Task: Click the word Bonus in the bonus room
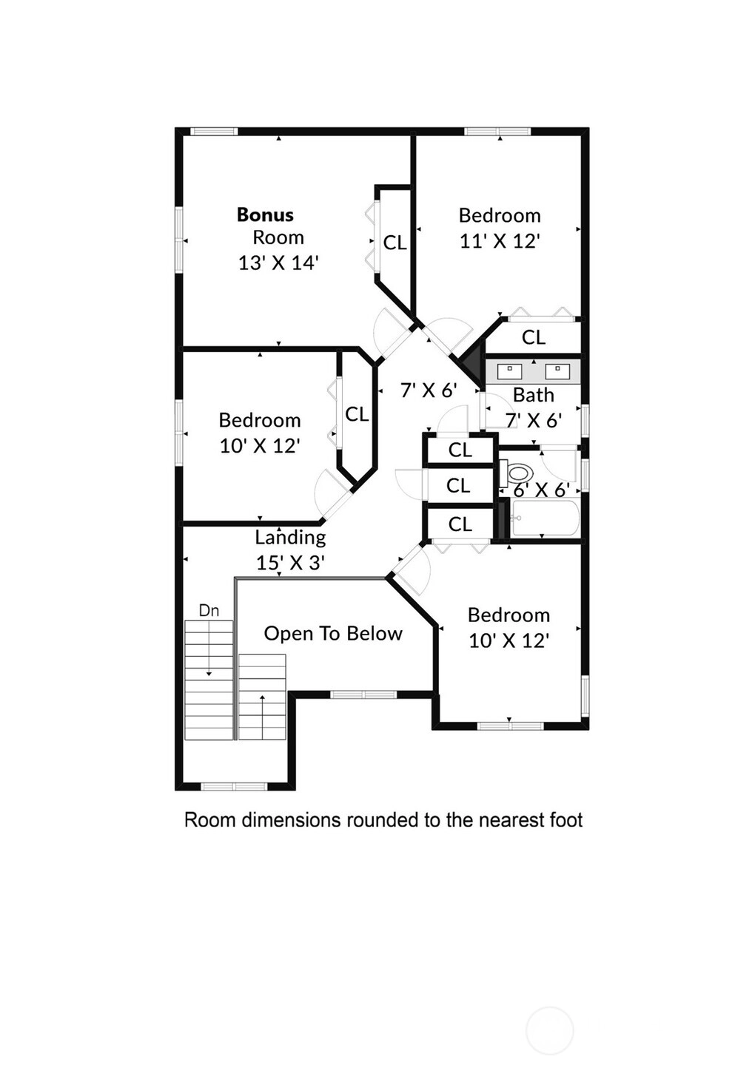tap(265, 215)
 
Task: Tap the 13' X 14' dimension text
tap(278, 263)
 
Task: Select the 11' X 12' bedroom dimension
tap(500, 242)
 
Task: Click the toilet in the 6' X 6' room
tap(515, 473)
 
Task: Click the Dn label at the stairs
tap(209, 610)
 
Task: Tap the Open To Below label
tap(333, 634)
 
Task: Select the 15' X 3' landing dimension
tap(290, 563)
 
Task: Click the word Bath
tap(534, 395)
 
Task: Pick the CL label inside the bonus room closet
tap(395, 243)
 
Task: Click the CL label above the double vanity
tap(534, 337)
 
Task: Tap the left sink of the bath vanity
tap(509, 371)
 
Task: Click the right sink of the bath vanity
tap(557, 371)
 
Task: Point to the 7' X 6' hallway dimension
tap(429, 390)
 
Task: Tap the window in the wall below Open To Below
tap(363, 694)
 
